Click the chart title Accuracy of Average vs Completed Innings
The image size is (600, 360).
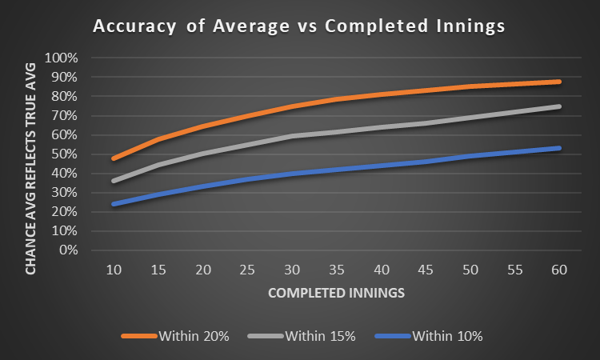(x=299, y=26)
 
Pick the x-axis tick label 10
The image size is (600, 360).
(x=115, y=270)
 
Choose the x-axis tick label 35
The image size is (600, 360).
(x=337, y=270)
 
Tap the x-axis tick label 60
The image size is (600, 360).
(x=559, y=270)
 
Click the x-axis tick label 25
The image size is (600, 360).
(x=248, y=270)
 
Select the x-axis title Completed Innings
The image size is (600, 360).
(x=336, y=293)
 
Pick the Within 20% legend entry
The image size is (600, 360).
(x=175, y=336)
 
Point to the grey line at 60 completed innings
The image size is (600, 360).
(x=559, y=106)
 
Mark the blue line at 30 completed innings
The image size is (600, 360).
(x=293, y=174)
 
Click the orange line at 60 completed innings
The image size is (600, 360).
(x=559, y=82)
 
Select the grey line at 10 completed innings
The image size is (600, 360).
(x=115, y=181)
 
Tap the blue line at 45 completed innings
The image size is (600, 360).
(x=426, y=162)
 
